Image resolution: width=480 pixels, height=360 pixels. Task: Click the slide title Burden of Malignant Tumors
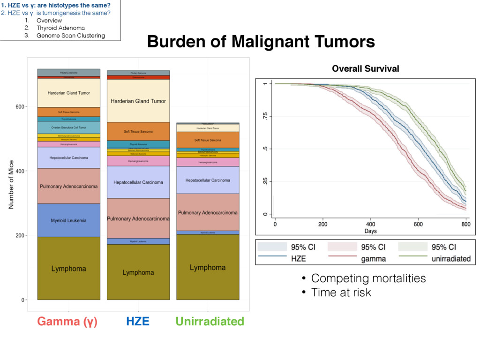click(261, 42)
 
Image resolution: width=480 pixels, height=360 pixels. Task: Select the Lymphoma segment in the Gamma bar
click(68, 269)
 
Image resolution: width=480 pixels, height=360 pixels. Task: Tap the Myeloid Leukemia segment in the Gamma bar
click(68, 220)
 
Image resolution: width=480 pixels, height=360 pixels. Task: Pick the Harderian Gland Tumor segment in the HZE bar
click(138, 101)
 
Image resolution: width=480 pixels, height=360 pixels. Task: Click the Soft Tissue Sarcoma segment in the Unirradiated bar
click(208, 140)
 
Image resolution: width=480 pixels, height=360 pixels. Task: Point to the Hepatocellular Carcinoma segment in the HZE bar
click(138, 182)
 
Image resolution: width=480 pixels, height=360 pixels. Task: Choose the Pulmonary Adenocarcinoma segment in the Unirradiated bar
click(208, 212)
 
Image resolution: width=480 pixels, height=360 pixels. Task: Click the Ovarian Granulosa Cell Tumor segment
click(68, 127)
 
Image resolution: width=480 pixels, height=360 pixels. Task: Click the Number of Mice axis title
click(11, 184)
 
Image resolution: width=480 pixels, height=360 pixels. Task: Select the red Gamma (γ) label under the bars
click(67, 322)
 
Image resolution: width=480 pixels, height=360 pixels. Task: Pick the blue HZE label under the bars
click(138, 322)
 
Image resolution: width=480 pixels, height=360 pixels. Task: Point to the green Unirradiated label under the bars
click(210, 322)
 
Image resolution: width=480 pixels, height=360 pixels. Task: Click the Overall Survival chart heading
click(365, 69)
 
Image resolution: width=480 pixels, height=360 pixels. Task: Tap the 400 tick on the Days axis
click(371, 224)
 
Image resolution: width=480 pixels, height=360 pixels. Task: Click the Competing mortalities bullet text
click(368, 278)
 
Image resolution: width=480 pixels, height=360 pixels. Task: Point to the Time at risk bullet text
click(341, 293)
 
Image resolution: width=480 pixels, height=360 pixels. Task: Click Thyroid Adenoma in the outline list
click(57, 28)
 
